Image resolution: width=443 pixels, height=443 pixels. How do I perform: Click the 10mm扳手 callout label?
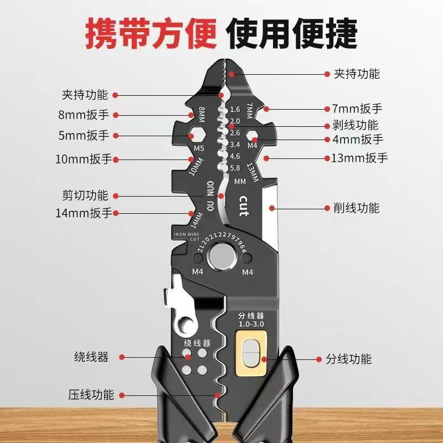point(83,159)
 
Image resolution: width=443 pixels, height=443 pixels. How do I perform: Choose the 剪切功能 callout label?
point(85,195)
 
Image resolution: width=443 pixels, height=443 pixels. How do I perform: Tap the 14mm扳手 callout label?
point(83,213)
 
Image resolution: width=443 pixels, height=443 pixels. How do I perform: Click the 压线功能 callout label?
point(91,395)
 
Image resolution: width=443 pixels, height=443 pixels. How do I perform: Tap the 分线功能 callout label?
point(348,359)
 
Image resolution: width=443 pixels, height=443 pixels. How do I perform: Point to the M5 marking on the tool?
point(199,149)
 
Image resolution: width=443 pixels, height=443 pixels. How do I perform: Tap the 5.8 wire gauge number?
point(234,168)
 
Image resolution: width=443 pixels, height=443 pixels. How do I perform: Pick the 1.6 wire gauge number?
point(234,109)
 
